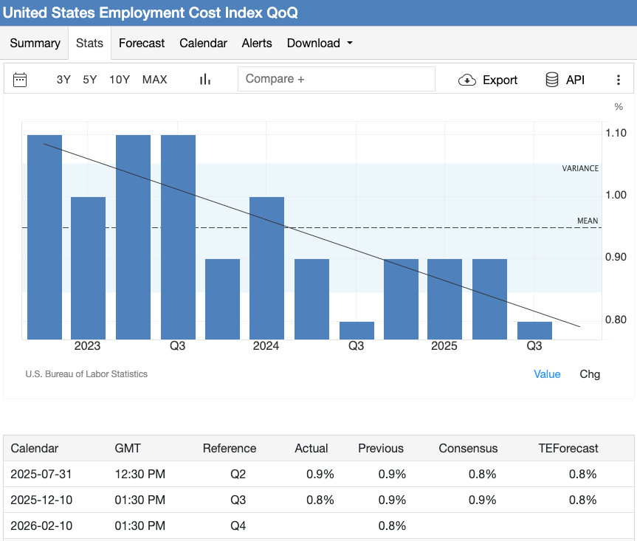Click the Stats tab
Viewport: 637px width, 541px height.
[89, 43]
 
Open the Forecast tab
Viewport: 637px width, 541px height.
[142, 43]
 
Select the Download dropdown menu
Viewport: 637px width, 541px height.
[320, 43]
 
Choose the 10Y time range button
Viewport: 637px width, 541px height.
[120, 80]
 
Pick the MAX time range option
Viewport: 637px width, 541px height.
[154, 80]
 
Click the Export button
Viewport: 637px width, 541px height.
[489, 80]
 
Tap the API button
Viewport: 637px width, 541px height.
[565, 80]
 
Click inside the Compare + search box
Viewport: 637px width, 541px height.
[336, 79]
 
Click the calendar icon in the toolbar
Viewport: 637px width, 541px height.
[21, 80]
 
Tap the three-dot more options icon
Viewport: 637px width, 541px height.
[619, 80]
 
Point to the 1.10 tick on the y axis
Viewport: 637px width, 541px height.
[616, 133]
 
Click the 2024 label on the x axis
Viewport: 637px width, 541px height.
[266, 346]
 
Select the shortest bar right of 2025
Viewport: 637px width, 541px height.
[534, 330]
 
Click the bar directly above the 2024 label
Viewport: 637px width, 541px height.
[266, 268]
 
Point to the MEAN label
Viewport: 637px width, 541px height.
[588, 221]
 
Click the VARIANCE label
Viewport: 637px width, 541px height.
[580, 168]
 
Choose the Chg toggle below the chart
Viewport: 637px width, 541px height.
[590, 374]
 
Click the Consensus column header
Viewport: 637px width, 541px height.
[468, 448]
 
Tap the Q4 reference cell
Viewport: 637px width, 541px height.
[238, 526]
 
